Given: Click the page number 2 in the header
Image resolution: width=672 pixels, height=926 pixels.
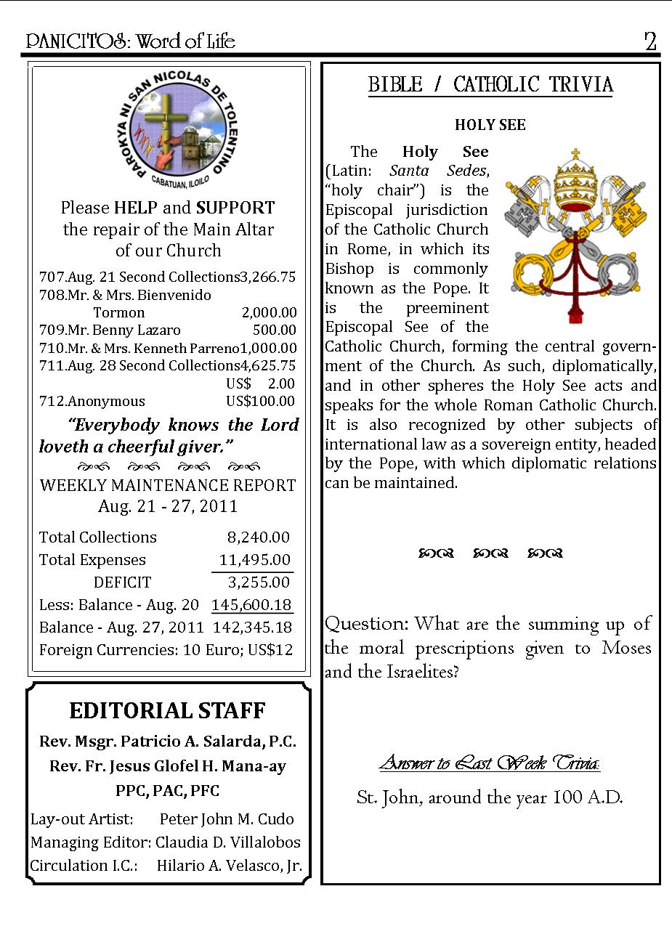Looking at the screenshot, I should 650,41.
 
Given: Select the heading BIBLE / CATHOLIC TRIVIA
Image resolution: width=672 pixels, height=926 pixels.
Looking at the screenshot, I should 490,85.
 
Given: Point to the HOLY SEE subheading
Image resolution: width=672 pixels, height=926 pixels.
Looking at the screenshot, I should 490,125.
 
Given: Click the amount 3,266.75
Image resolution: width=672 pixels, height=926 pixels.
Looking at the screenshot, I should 268,277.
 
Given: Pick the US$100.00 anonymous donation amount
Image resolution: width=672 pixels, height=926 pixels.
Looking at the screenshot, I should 261,401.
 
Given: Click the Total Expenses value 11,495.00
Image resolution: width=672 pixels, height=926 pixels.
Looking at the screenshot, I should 255,560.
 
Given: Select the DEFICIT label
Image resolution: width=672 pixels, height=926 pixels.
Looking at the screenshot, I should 122,582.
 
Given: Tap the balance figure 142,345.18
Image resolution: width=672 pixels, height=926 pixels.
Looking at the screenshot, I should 252,628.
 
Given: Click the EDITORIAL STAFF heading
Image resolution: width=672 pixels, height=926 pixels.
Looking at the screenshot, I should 168,710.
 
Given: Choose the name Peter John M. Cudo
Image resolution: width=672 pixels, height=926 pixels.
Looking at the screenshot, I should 227,819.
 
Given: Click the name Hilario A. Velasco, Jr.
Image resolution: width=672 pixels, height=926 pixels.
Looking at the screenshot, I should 229,866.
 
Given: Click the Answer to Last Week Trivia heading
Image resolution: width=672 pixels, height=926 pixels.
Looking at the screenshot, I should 490,763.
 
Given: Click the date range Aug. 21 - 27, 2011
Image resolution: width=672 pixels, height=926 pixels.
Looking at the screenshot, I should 168,506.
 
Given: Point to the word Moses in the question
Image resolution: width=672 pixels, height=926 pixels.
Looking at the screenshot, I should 626,648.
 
